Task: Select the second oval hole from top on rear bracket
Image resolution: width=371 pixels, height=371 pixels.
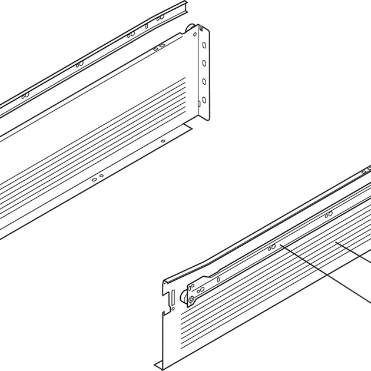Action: [204, 63]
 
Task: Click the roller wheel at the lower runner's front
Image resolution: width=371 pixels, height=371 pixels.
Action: [191, 302]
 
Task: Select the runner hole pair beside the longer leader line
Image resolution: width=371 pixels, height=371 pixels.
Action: [271, 248]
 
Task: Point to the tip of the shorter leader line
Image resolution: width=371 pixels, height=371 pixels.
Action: [336, 241]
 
